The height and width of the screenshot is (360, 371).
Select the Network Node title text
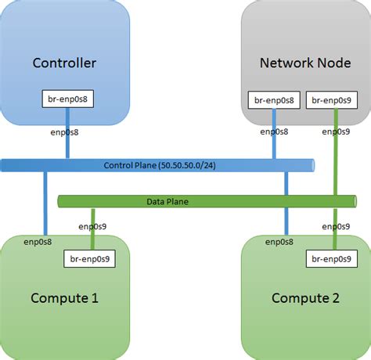coord(305,63)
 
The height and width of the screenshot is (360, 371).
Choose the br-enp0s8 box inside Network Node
coord(274,99)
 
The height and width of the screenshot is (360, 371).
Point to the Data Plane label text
coord(167,202)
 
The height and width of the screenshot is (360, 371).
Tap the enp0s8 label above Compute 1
coord(38,242)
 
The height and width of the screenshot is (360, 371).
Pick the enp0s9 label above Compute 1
coord(93,226)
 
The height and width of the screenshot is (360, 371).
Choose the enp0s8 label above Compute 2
coord(278,242)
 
